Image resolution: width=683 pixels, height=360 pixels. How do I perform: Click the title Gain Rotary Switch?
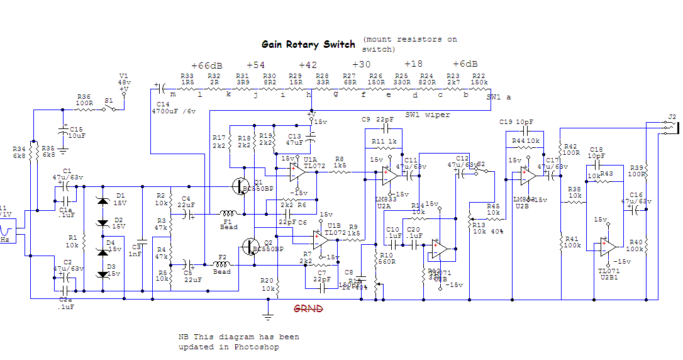[x=308, y=45]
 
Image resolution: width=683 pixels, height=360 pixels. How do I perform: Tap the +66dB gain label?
[x=206, y=65]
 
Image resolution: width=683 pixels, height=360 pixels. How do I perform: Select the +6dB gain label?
[x=465, y=64]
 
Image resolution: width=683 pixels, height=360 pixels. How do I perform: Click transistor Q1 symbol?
[x=242, y=186]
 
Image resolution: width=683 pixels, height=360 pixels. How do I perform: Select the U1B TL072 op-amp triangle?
[x=319, y=237]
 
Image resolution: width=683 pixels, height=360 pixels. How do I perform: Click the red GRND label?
[x=309, y=308]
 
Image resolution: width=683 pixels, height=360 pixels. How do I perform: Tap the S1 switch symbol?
[x=111, y=108]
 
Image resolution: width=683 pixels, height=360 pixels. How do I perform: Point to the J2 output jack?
[x=672, y=127]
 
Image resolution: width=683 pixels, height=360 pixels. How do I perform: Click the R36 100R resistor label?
[x=84, y=99]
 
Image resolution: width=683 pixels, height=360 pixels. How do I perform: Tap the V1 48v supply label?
[x=124, y=79]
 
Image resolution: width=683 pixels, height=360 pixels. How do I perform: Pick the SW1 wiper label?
[x=428, y=115]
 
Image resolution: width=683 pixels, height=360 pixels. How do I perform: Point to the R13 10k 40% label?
[x=488, y=228]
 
